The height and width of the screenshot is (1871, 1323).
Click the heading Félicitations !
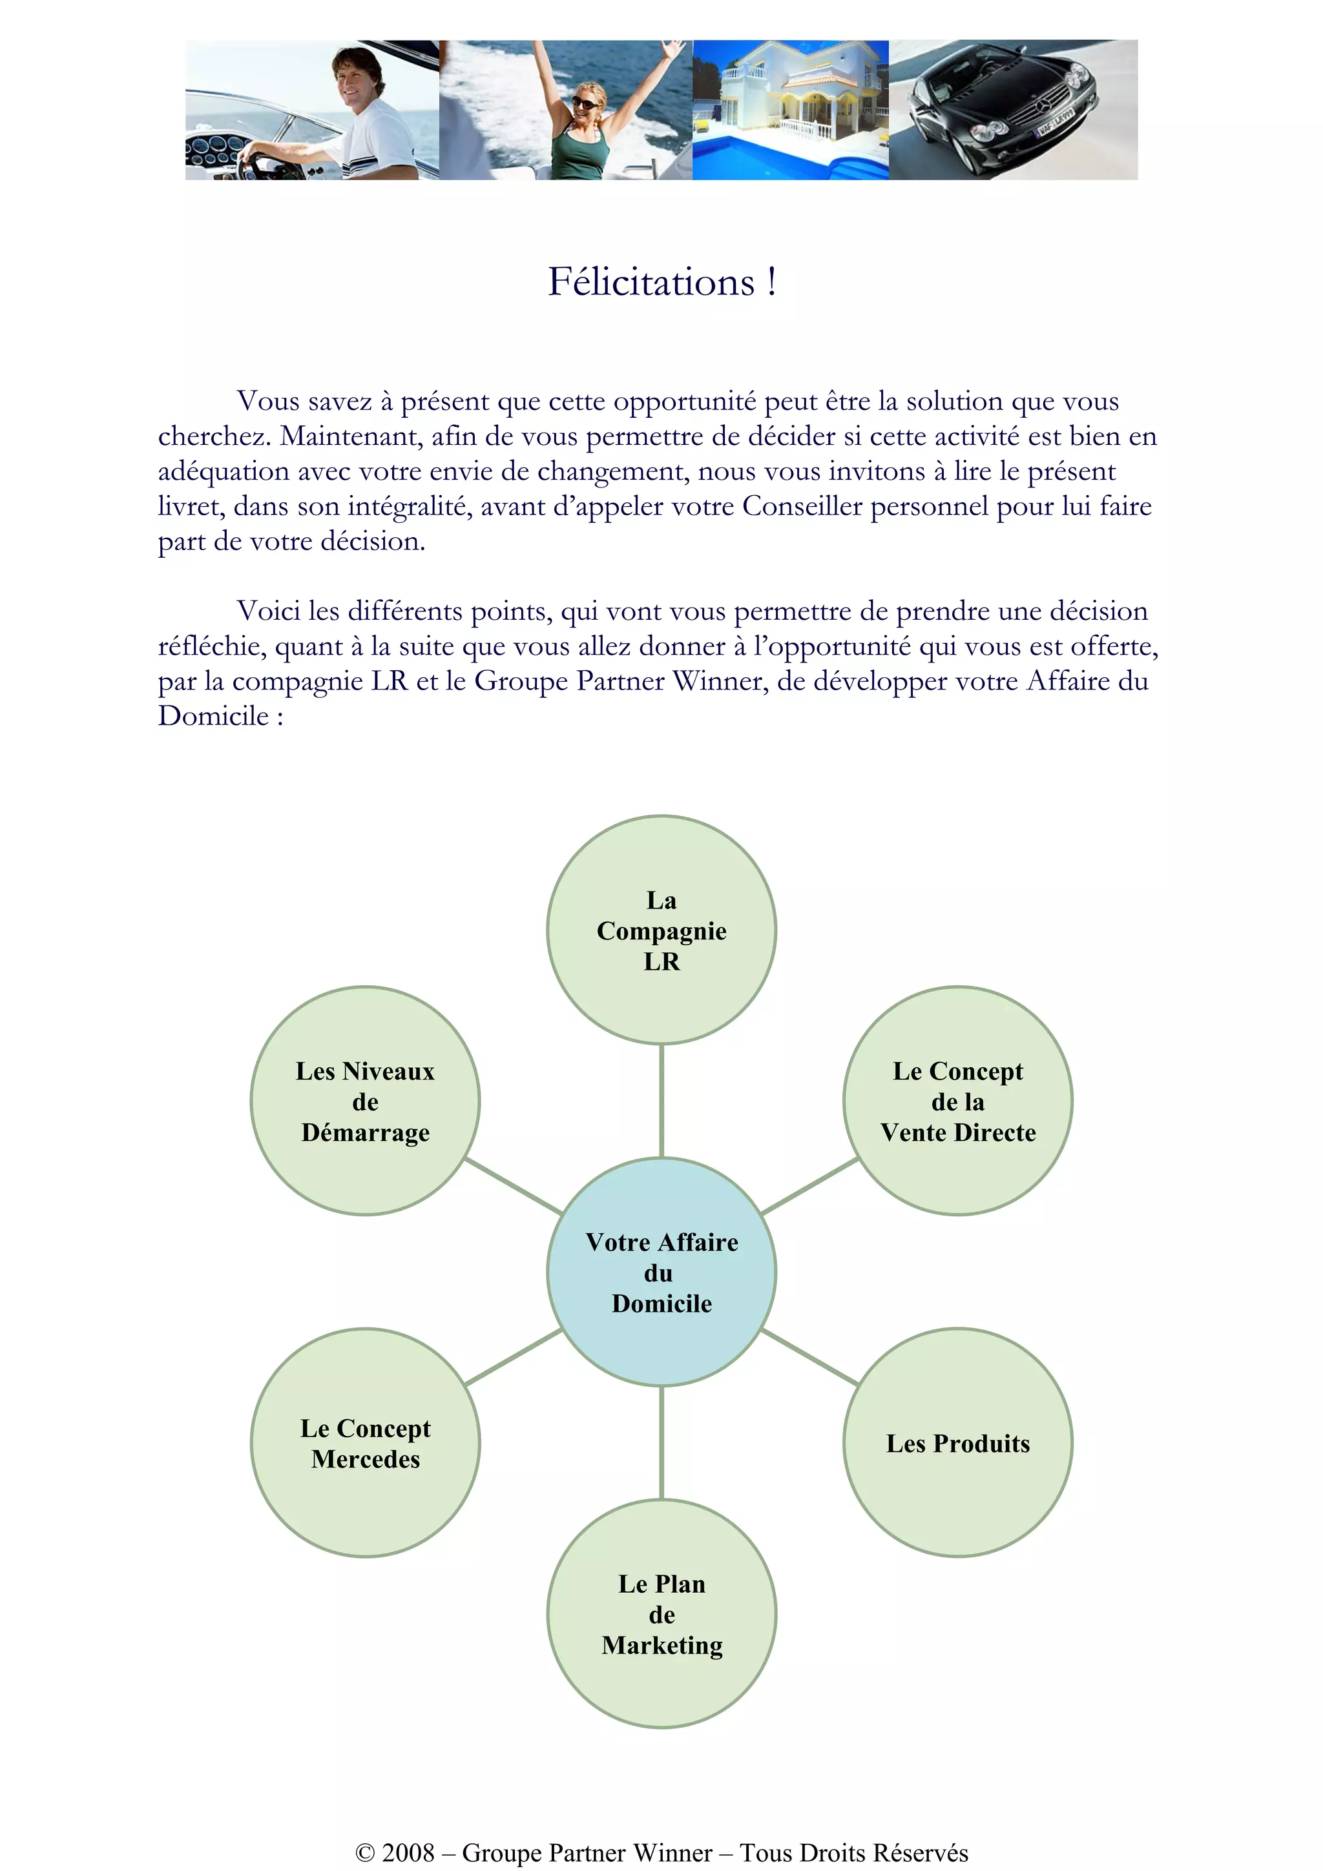click(x=661, y=283)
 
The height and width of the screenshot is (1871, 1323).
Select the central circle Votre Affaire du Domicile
click(x=661, y=1272)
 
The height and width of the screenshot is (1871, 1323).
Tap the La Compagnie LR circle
click(x=661, y=930)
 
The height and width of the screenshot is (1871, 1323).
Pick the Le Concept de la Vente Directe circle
click(x=958, y=1101)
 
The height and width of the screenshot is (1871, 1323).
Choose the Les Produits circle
click(x=958, y=1443)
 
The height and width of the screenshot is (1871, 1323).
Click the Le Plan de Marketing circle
click(x=661, y=1614)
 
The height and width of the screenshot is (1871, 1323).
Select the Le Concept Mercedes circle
click(x=365, y=1443)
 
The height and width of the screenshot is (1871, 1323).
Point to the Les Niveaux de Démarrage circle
click(x=365, y=1101)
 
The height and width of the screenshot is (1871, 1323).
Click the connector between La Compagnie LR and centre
click(x=661, y=1100)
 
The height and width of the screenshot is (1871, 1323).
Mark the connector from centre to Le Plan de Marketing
click(x=661, y=1443)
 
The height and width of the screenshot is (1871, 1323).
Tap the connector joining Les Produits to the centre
click(x=809, y=1358)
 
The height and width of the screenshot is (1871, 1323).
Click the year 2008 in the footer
click(x=408, y=1853)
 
